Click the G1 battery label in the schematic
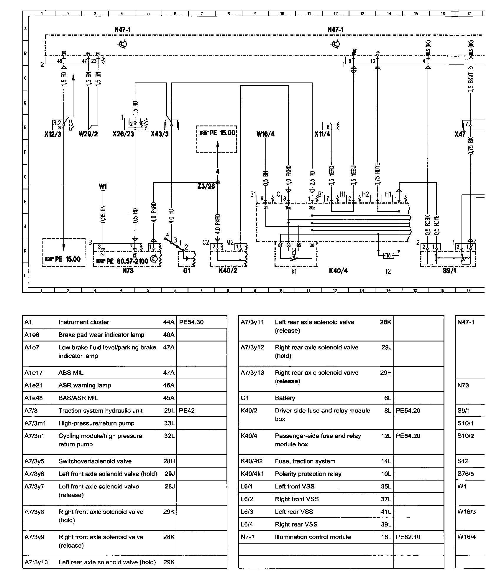click(x=187, y=270)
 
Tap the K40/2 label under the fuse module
click(x=228, y=270)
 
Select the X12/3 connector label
click(x=53, y=134)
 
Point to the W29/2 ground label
click(x=88, y=134)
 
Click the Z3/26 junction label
click(x=206, y=186)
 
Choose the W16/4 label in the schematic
click(x=265, y=134)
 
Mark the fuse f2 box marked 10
click(x=388, y=255)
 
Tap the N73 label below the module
click(x=128, y=270)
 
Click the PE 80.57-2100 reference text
click(x=127, y=261)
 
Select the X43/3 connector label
click(x=160, y=134)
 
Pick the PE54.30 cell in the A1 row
click(x=191, y=322)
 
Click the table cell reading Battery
click(x=285, y=398)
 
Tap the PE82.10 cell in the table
click(x=408, y=537)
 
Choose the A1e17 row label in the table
click(x=34, y=373)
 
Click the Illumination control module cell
click(x=313, y=537)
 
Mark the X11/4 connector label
click(x=322, y=134)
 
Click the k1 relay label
click(x=294, y=271)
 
